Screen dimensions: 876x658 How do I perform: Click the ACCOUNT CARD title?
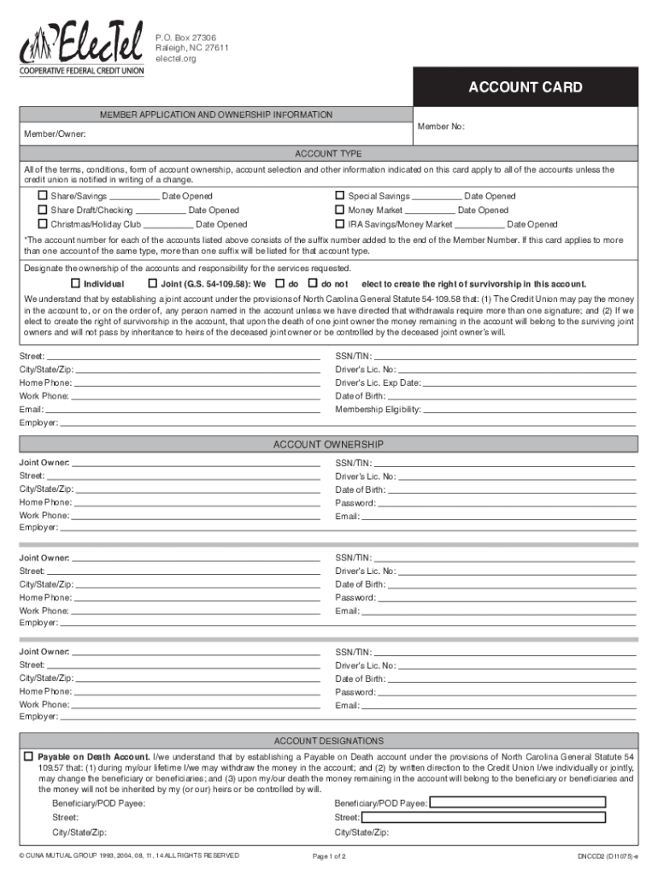click(x=525, y=87)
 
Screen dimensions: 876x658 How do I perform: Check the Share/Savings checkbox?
click(x=41, y=196)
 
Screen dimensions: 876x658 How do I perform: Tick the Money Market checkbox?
click(x=339, y=210)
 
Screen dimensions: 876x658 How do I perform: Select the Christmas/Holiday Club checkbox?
click(x=41, y=224)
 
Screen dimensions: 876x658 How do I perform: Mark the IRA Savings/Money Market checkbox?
click(x=339, y=224)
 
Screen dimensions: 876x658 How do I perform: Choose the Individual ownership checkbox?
click(x=75, y=283)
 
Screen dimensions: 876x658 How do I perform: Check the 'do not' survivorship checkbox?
click(x=313, y=283)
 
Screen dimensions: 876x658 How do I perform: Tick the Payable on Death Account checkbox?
click(x=28, y=757)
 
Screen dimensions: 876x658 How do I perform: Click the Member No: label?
click(x=441, y=127)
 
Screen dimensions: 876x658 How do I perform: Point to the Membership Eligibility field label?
click(x=378, y=410)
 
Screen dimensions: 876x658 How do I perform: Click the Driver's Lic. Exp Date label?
click(x=378, y=383)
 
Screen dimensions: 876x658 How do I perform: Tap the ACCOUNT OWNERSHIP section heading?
click(x=328, y=445)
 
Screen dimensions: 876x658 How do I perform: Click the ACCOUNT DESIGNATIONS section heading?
click(x=328, y=741)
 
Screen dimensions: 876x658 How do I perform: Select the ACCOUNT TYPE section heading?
click(x=328, y=154)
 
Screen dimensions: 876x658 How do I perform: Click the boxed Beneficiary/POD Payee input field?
click(x=517, y=803)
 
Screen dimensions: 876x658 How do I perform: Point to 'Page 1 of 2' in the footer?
click(x=329, y=856)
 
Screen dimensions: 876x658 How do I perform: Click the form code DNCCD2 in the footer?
click(x=602, y=856)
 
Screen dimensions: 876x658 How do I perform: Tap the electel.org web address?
click(x=174, y=60)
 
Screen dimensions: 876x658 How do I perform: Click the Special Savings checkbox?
click(x=339, y=196)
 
